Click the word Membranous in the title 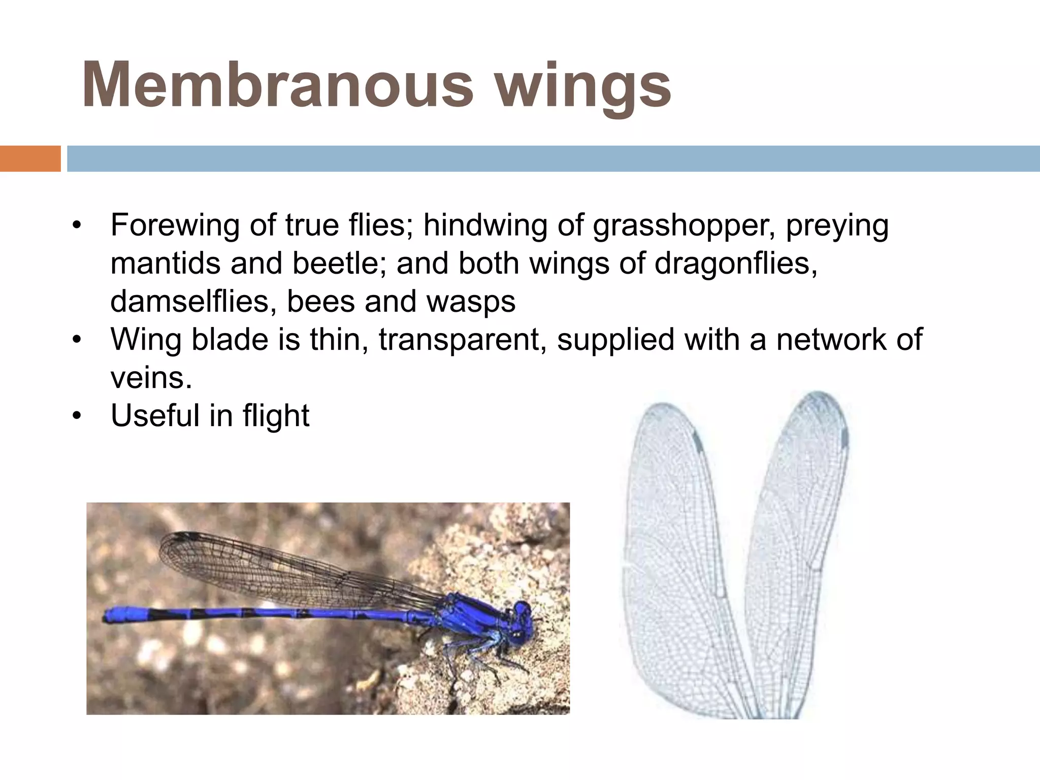point(277,85)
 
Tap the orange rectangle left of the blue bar point(30,158)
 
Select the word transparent point(462,340)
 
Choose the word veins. point(151,378)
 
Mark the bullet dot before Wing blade point(77,340)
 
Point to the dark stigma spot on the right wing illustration point(844,438)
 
